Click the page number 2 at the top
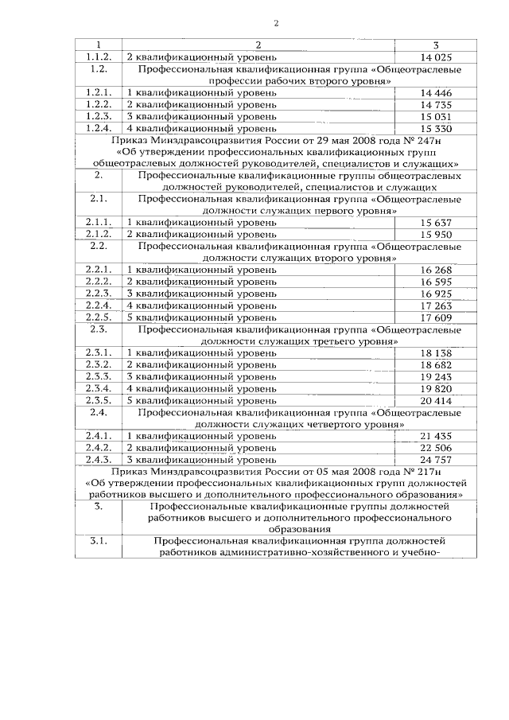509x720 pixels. pos(275,22)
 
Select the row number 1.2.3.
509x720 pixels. pos(97,116)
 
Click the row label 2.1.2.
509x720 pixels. pos(97,234)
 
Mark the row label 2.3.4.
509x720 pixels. pos(97,387)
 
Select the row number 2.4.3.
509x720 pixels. pos(97,459)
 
